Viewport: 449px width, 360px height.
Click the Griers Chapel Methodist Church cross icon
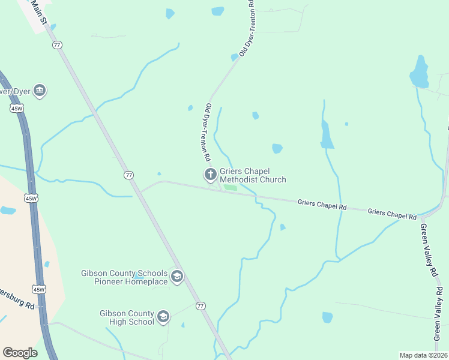tap(211, 175)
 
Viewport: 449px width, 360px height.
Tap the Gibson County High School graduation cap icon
tap(163, 316)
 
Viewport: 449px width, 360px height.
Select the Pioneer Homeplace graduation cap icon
tap(176, 277)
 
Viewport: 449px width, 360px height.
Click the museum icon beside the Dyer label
tap(40, 91)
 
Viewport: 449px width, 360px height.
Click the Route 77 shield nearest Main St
tap(58, 45)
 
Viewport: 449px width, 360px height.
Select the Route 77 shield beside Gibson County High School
tap(200, 305)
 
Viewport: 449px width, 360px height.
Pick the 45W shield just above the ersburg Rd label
tap(40, 289)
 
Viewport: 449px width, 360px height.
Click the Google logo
tap(20, 353)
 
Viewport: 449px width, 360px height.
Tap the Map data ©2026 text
tap(423, 355)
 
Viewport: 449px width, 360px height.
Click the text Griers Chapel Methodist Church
tap(253, 175)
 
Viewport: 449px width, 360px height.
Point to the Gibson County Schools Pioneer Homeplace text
tap(124, 277)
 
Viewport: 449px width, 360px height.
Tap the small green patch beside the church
tap(231, 187)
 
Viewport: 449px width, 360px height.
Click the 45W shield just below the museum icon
tap(16, 108)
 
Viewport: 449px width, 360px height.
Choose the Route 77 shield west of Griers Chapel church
tap(128, 175)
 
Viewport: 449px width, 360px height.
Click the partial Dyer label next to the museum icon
tap(15, 92)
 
